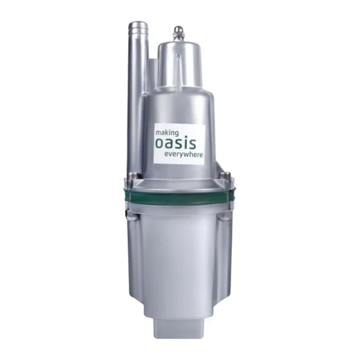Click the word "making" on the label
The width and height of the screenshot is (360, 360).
167,133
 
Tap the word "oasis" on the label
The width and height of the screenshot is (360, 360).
176,143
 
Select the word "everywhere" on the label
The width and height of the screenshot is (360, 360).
184,154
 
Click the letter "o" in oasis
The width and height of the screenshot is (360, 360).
159,144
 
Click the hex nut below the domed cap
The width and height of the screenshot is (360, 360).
179,37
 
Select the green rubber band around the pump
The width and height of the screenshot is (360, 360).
181,195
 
